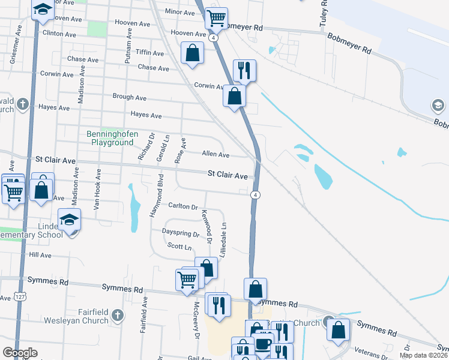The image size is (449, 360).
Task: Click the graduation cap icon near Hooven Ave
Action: click(42, 11)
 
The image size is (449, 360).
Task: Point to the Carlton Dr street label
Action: click(183, 206)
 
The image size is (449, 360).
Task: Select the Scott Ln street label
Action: click(179, 247)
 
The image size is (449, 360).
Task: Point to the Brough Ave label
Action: click(129, 97)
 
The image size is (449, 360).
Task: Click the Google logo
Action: click(20, 353)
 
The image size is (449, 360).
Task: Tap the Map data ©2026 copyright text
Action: click(423, 355)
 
